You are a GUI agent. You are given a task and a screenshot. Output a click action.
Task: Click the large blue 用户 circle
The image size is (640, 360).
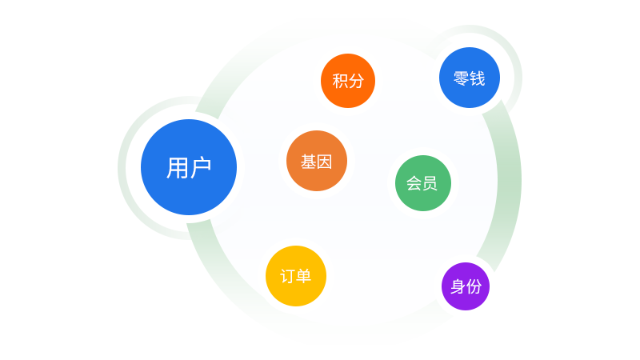[x=189, y=167]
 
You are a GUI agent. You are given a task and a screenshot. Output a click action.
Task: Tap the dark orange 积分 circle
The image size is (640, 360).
[x=348, y=81]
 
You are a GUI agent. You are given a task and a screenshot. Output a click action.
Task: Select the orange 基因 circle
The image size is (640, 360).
[x=317, y=161]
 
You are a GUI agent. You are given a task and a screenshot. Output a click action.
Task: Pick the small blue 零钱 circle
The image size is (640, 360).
[x=470, y=78]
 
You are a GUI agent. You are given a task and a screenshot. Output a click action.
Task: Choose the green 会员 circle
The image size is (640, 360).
[x=423, y=183]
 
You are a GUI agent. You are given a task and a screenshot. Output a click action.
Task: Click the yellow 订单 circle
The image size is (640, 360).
[x=296, y=276]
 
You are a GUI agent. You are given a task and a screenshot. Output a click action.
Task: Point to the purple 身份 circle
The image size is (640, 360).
[x=466, y=286]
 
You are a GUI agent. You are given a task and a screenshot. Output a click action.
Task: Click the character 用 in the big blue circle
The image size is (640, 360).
[x=177, y=167]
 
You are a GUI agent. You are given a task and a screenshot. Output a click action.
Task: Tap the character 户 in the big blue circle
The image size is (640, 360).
[x=201, y=167]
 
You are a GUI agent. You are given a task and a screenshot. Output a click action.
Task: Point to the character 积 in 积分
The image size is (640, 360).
[x=340, y=81]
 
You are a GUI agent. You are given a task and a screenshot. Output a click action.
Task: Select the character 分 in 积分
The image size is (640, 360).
[x=356, y=81]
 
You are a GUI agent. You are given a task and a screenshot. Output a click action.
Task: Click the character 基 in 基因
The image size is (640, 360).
[x=308, y=162]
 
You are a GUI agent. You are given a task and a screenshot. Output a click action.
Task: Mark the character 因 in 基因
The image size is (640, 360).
[x=325, y=162]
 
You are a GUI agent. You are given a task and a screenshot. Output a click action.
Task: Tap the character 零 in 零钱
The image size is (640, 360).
[x=462, y=78]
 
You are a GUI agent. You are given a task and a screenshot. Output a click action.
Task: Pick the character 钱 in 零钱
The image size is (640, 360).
[x=477, y=78]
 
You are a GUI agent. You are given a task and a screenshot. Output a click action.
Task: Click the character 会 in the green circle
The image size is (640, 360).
[x=414, y=183]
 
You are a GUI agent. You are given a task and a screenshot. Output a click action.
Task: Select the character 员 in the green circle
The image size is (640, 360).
[x=430, y=183]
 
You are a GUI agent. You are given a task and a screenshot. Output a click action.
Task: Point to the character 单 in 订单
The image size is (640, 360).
[x=304, y=276]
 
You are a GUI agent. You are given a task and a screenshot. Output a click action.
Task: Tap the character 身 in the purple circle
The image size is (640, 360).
[x=458, y=286]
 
